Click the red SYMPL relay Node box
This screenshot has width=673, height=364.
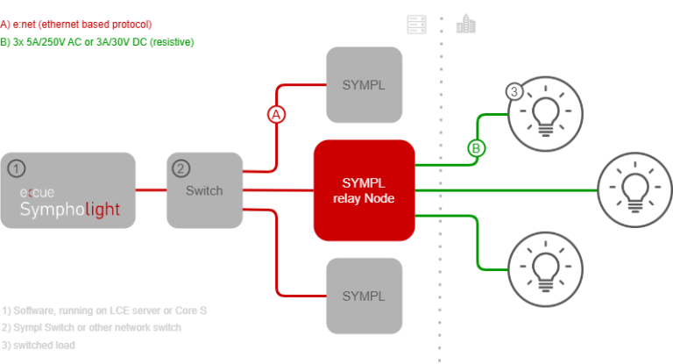(365, 189)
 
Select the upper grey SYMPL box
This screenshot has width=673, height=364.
(364, 84)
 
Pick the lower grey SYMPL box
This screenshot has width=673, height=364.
(364, 295)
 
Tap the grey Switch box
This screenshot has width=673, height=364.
(205, 189)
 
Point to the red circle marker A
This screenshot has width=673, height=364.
(277, 115)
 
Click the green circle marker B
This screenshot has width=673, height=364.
(476, 149)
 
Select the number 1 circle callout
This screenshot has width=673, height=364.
(15, 168)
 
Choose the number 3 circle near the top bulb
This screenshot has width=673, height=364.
(515, 91)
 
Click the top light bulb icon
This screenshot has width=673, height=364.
(546, 116)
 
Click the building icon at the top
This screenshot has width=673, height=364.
(465, 23)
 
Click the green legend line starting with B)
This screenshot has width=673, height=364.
(97, 41)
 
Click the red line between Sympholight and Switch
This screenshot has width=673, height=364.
(152, 189)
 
